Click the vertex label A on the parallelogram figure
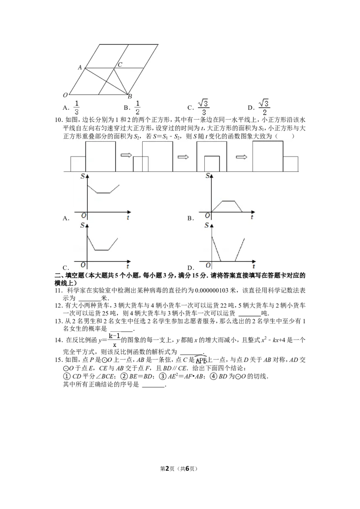coord(80,67)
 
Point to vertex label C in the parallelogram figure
coord(120,65)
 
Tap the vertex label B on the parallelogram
coord(130,96)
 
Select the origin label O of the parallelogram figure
coord(65,95)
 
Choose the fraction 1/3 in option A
coord(76,108)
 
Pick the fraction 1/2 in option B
coord(137,108)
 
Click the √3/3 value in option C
coord(203,107)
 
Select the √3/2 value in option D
coord(265,107)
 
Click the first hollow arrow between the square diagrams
coord(126,156)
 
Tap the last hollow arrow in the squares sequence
coord(241,157)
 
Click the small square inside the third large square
coord(211,164)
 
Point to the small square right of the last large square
coord(290,164)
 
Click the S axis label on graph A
coord(82,176)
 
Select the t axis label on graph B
coord(252,217)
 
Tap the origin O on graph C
coord(83,265)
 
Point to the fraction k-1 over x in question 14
coord(114,340)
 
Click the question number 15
coord(59,360)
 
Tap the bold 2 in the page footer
coord(168,469)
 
